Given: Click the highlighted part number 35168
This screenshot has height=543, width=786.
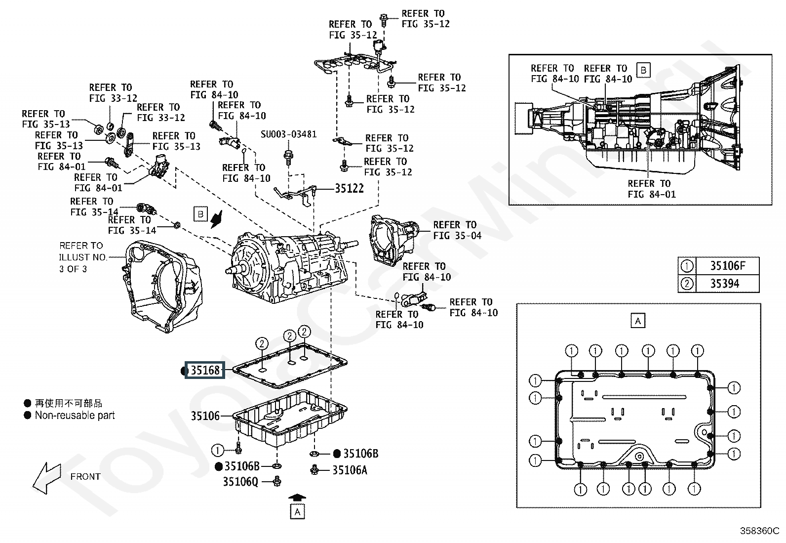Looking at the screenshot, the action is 205,370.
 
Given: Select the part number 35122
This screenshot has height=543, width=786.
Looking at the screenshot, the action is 349,189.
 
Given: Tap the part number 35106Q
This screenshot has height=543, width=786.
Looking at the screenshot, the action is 241,482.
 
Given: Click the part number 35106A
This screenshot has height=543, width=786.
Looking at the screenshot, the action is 350,470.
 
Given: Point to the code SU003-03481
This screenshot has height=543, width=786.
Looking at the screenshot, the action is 288,134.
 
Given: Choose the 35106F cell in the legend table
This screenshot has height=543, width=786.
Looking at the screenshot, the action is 727,266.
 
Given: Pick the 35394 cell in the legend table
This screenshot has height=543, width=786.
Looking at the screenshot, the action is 727,284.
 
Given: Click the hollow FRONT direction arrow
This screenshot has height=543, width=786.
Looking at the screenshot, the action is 47,478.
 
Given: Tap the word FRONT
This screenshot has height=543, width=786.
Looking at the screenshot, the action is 85,477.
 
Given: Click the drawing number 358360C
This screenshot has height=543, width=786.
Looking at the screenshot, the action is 760,531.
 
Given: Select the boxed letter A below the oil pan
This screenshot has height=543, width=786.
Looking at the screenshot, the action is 297,512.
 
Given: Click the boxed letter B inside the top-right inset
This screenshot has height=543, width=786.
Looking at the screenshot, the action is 643,70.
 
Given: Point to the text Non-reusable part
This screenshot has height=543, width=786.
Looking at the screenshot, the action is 75,415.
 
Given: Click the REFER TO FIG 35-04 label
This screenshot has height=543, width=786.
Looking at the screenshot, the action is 457,230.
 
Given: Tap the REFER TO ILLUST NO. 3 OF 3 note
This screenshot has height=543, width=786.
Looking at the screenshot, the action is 83,257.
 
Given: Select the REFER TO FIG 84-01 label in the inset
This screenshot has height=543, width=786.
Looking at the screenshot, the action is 652,189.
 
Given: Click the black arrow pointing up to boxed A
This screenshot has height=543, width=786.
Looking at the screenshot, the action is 297,498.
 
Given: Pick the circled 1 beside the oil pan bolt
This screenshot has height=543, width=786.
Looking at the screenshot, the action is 217,450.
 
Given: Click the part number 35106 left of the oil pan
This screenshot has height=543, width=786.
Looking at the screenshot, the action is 205,416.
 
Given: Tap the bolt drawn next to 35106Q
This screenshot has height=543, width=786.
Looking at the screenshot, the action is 277,481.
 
